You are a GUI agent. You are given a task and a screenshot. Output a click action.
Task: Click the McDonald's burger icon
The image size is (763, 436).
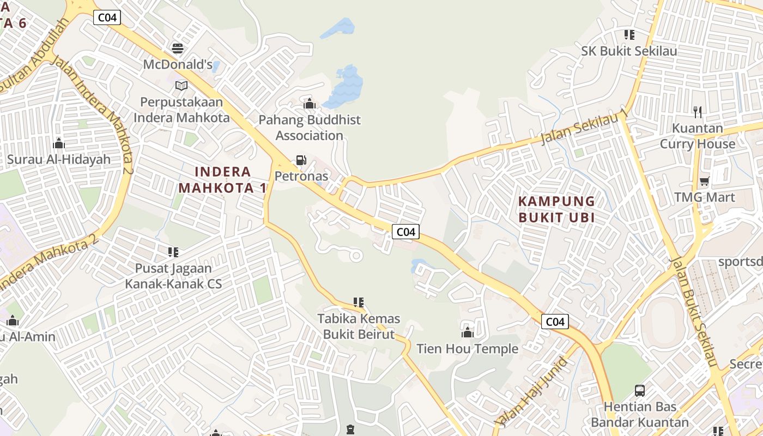coord(178,48)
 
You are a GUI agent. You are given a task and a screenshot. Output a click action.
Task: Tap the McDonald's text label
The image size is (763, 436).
coord(178,64)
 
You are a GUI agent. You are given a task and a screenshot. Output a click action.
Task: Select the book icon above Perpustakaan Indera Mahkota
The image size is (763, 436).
coord(181,86)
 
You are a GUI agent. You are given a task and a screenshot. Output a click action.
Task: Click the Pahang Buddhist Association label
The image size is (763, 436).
coord(309,128)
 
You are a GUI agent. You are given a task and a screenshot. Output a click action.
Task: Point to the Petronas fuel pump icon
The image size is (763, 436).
coord(301,160)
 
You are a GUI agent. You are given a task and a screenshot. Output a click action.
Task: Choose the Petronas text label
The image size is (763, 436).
coord(301,176)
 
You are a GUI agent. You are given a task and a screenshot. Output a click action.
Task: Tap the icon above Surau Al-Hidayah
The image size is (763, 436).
coord(59,144)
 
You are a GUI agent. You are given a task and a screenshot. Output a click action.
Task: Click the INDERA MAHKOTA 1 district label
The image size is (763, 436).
coord(223,180)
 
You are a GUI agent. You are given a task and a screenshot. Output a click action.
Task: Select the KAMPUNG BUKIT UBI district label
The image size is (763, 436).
coord(556,209)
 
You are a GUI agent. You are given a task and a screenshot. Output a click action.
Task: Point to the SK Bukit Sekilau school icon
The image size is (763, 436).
coord(629,35)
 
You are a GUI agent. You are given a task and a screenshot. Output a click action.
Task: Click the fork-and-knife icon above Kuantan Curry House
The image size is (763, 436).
coord(698,112)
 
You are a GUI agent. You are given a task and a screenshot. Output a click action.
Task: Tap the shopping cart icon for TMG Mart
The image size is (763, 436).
coord(705,181)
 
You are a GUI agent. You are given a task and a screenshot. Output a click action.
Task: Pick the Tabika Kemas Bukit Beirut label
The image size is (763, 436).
coord(359,326)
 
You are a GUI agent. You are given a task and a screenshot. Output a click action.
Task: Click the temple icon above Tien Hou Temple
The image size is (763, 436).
coord(467,332)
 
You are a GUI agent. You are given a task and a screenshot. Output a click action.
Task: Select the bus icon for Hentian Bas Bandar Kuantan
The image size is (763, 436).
coord(640,391)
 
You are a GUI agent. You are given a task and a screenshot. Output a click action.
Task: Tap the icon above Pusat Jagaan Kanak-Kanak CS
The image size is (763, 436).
coord(173,252)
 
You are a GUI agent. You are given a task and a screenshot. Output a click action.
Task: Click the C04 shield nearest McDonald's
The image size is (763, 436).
coord(107,17)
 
